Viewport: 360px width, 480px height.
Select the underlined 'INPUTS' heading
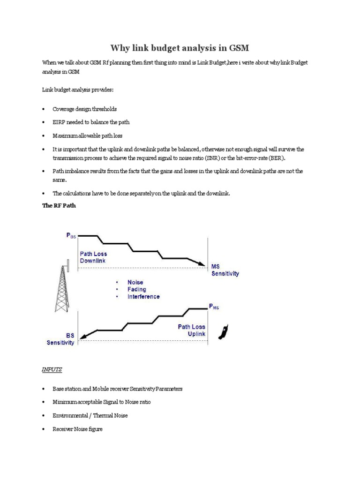tap(52, 369)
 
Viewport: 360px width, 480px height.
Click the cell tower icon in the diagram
tap(61, 285)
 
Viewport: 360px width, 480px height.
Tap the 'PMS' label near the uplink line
tap(214, 307)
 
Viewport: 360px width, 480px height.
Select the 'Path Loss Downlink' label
tap(93, 257)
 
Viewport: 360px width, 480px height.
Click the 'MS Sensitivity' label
tap(225, 270)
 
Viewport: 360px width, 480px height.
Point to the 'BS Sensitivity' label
tap(60, 339)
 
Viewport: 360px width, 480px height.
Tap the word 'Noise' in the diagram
tap(135, 283)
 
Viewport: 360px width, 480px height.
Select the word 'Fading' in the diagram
tap(137, 290)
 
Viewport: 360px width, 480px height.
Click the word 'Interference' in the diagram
tap(143, 297)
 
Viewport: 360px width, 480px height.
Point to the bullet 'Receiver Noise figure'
tap(77, 428)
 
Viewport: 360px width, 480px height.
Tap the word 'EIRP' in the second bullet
tap(60, 122)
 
